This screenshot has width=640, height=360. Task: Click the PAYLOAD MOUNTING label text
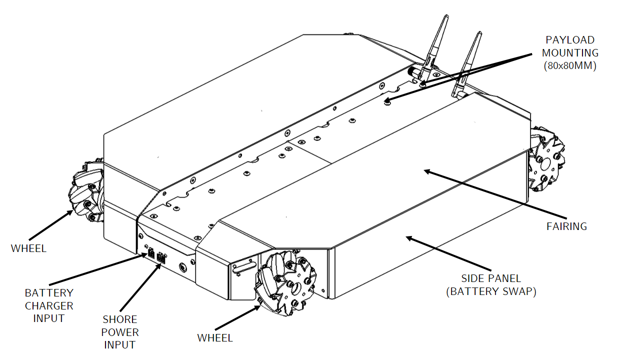pyautogui.click(x=570, y=46)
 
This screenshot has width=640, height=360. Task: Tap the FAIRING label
pyautogui.click(x=566, y=226)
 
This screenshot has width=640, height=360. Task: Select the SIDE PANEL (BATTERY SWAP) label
pyautogui.click(x=491, y=285)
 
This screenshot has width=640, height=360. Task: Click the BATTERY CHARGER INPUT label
pyautogui.click(x=49, y=305)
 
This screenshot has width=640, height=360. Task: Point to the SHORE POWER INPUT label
pyautogui.click(x=120, y=332)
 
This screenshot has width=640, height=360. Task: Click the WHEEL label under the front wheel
pyautogui.click(x=215, y=338)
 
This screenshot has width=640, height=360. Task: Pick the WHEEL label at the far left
pyautogui.click(x=28, y=248)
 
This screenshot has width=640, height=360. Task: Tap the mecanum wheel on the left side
pyautogui.click(x=87, y=192)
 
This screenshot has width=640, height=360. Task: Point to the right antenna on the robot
pyautogui.click(x=468, y=62)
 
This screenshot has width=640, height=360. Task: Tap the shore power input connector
pyautogui.click(x=161, y=258)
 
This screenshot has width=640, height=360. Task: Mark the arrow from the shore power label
pyautogui.click(x=140, y=287)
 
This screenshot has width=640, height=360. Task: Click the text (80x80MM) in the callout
pyautogui.click(x=570, y=66)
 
